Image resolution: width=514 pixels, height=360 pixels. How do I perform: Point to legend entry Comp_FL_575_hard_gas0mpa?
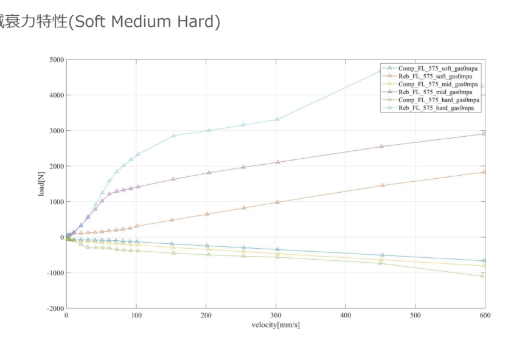437,100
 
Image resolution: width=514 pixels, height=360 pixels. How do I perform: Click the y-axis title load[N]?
41,184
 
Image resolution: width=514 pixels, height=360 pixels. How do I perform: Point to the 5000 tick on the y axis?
55,60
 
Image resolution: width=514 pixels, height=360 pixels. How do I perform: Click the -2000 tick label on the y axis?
54,308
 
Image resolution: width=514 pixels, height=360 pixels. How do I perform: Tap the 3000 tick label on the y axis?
55,131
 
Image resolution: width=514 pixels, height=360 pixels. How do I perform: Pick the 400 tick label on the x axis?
346,316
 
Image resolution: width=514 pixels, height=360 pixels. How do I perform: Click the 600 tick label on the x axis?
485,316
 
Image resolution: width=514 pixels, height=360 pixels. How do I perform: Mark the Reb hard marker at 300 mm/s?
277,119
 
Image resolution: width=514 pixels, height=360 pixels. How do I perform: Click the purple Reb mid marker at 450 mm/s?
381,147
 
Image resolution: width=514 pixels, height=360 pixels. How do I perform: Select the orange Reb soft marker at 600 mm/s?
484,172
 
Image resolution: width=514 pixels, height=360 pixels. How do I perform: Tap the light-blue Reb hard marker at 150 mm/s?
173,136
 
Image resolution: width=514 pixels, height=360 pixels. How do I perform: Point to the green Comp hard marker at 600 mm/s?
483,275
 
